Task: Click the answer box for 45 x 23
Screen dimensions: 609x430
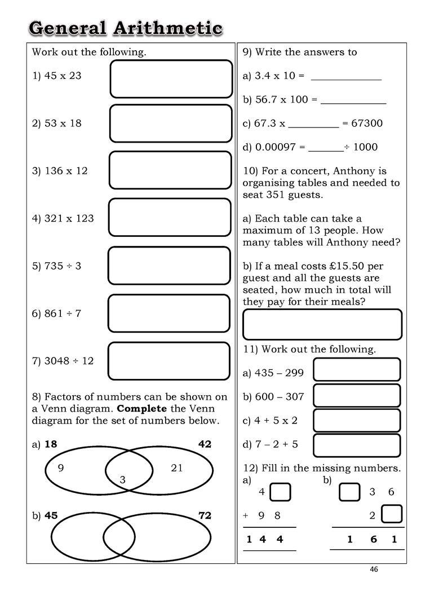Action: [x=171, y=79]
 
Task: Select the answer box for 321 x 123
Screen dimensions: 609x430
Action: [x=170, y=217]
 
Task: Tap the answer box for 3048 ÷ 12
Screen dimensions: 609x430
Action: [x=169, y=361]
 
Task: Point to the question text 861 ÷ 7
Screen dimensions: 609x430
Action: [x=63, y=313]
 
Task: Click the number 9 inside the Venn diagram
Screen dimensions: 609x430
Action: [x=61, y=467]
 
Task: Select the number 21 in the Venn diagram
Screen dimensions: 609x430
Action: [x=177, y=467]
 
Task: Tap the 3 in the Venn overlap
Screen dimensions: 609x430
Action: [x=122, y=480]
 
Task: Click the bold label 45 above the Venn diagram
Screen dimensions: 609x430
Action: [x=51, y=515]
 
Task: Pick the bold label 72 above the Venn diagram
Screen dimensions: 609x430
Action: [x=205, y=515]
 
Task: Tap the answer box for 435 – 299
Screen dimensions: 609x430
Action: [x=356, y=369]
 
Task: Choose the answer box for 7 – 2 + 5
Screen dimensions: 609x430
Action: [x=356, y=445]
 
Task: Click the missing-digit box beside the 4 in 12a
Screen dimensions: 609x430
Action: [x=280, y=492]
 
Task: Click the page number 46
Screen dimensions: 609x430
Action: [x=374, y=569]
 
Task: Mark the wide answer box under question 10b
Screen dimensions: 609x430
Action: [x=322, y=325]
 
